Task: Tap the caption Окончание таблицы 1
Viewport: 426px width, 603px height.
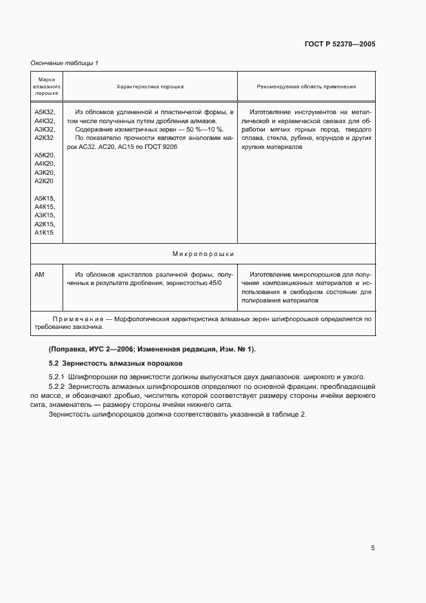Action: pyautogui.click(x=64, y=63)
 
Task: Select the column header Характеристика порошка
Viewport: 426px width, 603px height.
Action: pyautogui.click(x=150, y=86)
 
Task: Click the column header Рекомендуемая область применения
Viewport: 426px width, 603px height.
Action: pyautogui.click(x=306, y=86)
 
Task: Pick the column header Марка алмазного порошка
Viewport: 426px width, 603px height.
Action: pyautogui.click(x=46, y=86)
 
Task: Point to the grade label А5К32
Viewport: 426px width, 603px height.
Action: pyautogui.click(x=44, y=112)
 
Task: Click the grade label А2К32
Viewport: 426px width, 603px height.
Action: pyautogui.click(x=44, y=138)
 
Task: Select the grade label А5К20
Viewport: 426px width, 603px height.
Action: pyautogui.click(x=44, y=156)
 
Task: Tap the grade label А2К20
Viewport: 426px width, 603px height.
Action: pyautogui.click(x=44, y=182)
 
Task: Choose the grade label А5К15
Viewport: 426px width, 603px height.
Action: pyautogui.click(x=44, y=198)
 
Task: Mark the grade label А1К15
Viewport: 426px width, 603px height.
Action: pyautogui.click(x=44, y=232)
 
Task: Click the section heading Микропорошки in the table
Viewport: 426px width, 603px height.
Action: pyautogui.click(x=203, y=254)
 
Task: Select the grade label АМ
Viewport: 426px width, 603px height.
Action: pyautogui.click(x=39, y=274)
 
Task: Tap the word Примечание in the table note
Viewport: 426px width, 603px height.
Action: pyautogui.click(x=76, y=319)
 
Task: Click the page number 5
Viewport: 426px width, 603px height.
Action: pyautogui.click(x=373, y=548)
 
